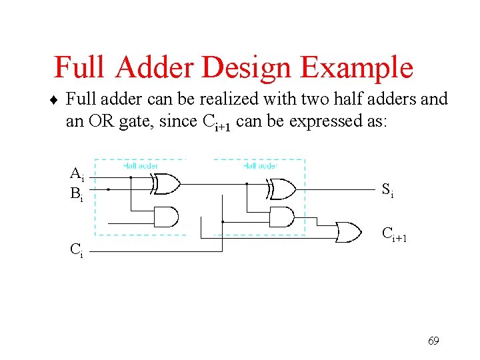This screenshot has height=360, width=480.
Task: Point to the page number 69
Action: (x=433, y=341)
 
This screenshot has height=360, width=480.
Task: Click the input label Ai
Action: (x=77, y=175)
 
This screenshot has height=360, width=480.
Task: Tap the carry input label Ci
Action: (x=77, y=251)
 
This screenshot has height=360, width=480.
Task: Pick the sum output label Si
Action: (x=387, y=190)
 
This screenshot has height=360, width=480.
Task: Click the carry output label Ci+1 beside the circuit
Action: (x=393, y=234)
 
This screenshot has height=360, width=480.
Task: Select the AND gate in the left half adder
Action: (x=166, y=217)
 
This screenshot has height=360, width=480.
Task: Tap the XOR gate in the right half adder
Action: (x=282, y=189)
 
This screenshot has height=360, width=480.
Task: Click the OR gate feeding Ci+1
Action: (x=347, y=232)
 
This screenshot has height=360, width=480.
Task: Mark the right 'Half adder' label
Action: (x=260, y=165)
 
